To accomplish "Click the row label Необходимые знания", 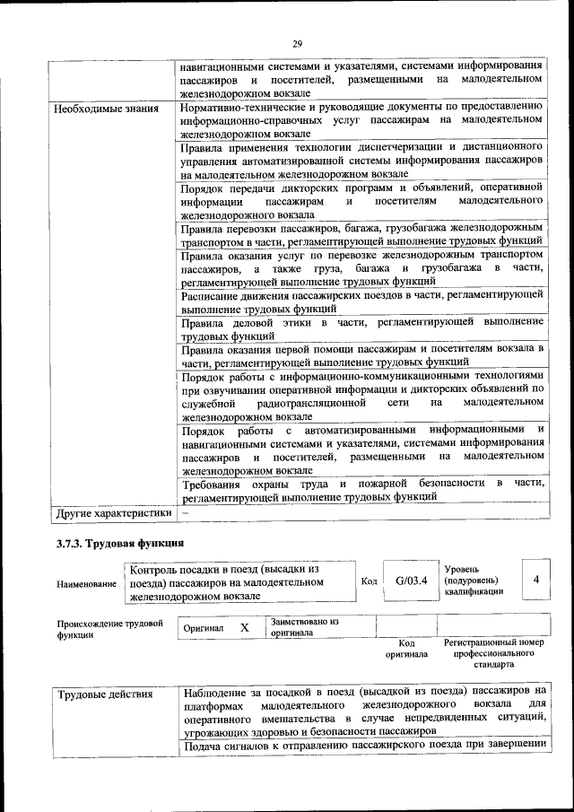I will click(x=107, y=109).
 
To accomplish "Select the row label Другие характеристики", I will click(x=113, y=514).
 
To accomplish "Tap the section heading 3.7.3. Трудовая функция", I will click(x=119, y=544).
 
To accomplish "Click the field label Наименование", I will click(x=86, y=584).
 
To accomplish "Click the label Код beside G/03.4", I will click(x=368, y=581).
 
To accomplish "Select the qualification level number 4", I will click(x=535, y=581).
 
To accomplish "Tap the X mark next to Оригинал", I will click(x=244, y=628).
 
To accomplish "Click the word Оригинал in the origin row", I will click(x=204, y=629).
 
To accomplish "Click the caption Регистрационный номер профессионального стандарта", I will click(x=493, y=654).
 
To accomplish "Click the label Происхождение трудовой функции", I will click(x=110, y=628).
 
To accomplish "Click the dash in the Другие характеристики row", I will click(x=185, y=513).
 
